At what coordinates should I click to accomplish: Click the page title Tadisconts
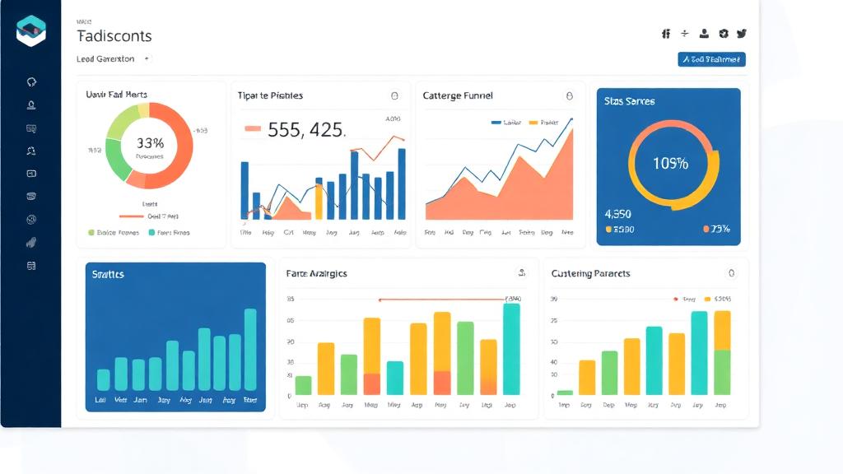tap(114, 36)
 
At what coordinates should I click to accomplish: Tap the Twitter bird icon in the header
tap(742, 34)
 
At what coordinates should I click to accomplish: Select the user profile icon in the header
tap(704, 34)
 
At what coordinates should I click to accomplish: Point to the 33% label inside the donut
tap(150, 143)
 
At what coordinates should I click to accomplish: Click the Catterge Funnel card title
tap(458, 95)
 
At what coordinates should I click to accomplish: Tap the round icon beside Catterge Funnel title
tap(568, 95)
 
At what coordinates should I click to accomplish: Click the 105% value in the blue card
tap(670, 163)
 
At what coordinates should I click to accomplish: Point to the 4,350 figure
tap(618, 213)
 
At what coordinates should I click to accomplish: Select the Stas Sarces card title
tap(629, 101)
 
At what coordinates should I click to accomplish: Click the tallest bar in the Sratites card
tap(250, 349)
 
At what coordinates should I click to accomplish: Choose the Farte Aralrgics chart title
tap(316, 273)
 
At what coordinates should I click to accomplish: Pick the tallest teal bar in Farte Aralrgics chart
tap(511, 349)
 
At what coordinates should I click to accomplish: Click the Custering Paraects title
tap(590, 273)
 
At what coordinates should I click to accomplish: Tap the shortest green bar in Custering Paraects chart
tap(565, 393)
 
